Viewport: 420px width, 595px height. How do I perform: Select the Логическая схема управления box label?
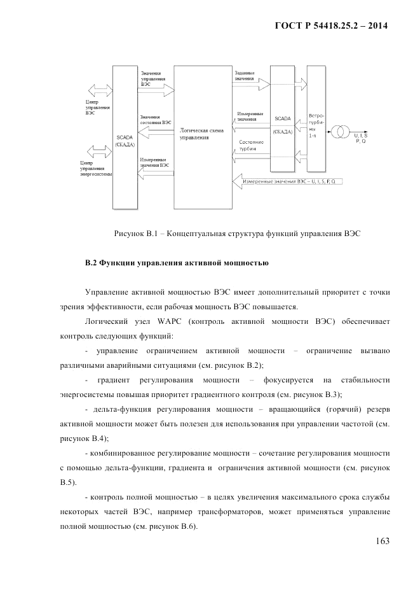(201, 133)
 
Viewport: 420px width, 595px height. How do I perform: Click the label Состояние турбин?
(248, 144)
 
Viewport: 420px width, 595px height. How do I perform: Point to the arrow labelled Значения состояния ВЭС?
(155, 131)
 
